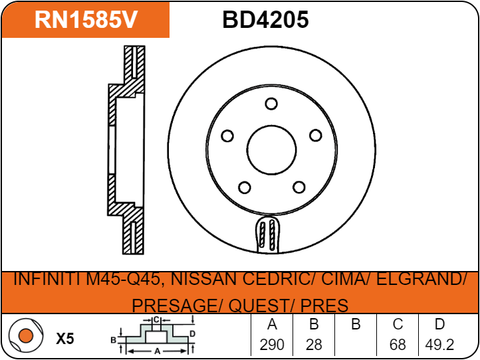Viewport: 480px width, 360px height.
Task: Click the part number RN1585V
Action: [x=86, y=20]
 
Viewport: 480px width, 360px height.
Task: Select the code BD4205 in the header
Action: [x=265, y=20]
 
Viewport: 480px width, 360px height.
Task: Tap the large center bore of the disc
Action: [x=271, y=150]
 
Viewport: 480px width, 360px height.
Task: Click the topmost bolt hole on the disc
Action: [x=271, y=104]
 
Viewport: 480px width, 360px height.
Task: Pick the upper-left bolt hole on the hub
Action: [x=227, y=135]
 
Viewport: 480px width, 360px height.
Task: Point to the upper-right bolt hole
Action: [x=316, y=135]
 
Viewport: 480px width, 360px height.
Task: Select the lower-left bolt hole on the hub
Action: [x=244, y=187]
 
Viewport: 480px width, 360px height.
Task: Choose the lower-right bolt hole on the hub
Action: [x=299, y=187]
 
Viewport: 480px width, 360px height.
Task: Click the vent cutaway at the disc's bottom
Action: [x=267, y=234]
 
